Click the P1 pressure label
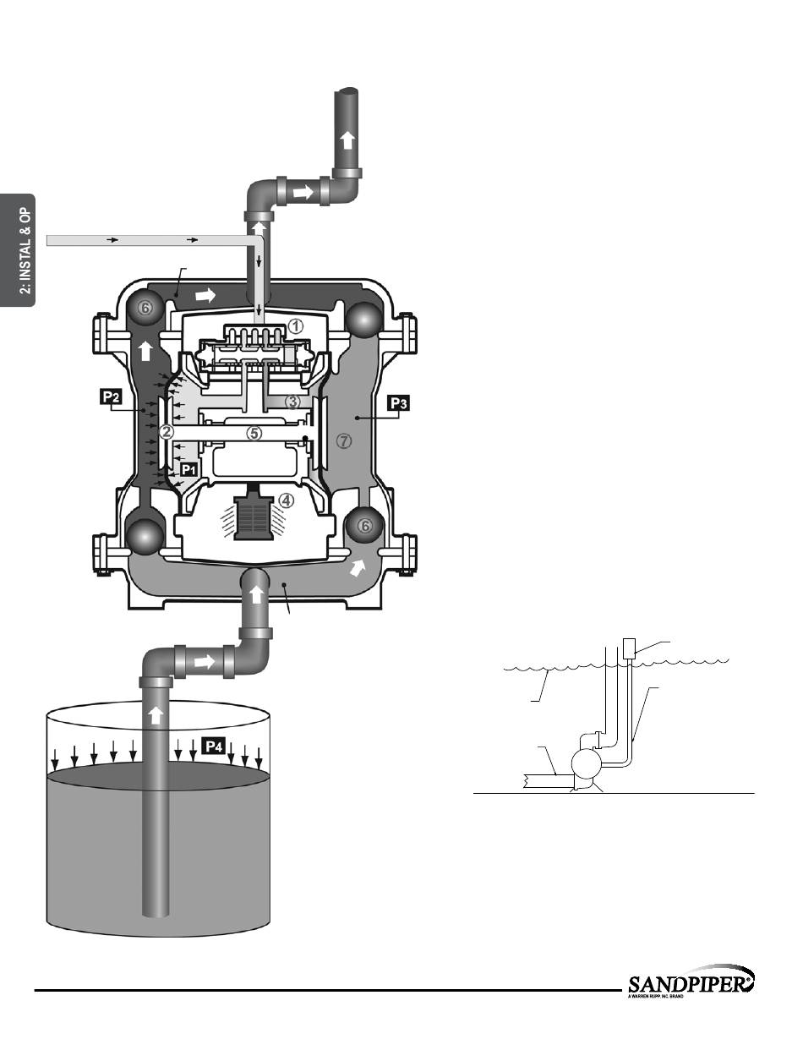pos(189,469)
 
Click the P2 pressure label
pos(111,396)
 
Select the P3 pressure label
pos(399,403)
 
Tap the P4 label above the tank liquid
pos(214,746)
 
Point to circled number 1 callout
pos(296,326)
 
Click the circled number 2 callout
pos(167,432)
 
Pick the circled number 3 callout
pos(293,402)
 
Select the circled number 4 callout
pos(287,500)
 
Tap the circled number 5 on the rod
pos(254,433)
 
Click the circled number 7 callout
pos(344,440)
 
